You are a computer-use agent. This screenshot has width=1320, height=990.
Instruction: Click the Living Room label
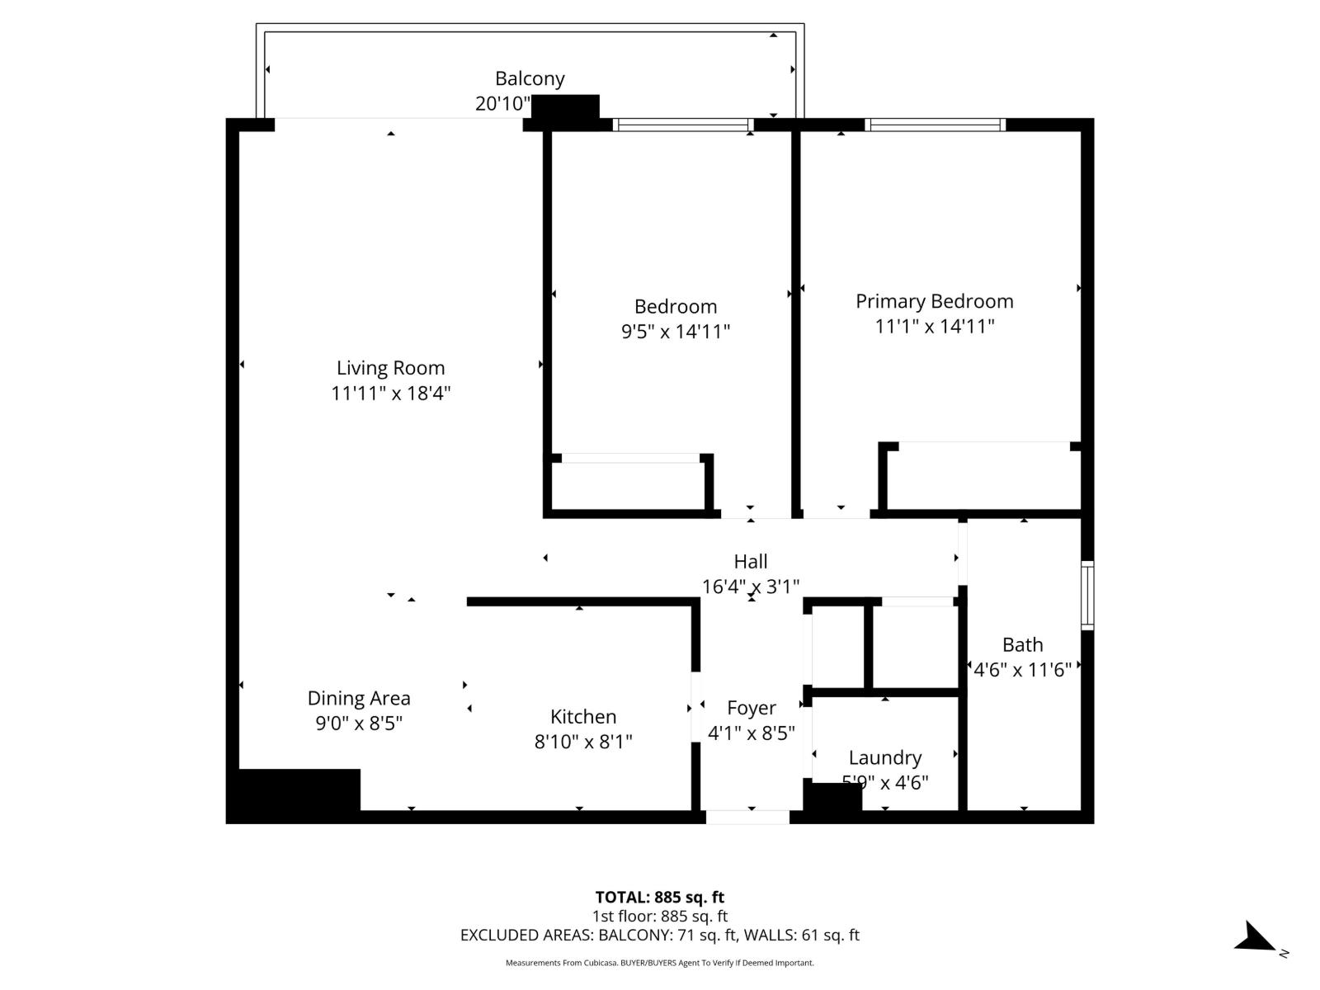(x=390, y=368)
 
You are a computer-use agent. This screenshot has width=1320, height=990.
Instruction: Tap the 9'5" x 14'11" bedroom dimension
(x=675, y=332)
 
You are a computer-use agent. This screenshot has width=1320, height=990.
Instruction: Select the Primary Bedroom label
(x=934, y=301)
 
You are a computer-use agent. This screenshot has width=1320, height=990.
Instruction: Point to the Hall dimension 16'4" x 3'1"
(x=750, y=587)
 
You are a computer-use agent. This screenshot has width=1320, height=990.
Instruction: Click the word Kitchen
(x=583, y=716)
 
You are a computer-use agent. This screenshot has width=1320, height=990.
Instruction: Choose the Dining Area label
(x=359, y=698)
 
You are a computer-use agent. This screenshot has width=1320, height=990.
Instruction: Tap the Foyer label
(x=751, y=708)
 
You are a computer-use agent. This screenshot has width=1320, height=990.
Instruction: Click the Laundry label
(x=884, y=757)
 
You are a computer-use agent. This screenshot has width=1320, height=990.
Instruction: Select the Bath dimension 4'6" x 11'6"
(x=1022, y=669)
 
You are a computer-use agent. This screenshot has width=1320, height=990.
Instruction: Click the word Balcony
(x=530, y=78)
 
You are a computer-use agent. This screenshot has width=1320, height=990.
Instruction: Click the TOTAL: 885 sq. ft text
(x=660, y=897)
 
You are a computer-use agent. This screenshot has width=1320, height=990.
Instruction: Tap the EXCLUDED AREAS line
(x=660, y=935)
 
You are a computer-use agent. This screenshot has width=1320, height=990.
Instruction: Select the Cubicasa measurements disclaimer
(x=660, y=963)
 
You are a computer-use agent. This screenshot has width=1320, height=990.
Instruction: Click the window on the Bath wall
(x=1087, y=595)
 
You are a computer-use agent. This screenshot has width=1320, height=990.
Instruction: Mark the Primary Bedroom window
(x=935, y=125)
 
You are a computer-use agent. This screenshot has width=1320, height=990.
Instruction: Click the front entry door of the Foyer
(x=747, y=817)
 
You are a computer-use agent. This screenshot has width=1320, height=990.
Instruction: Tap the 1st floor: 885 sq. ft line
(x=660, y=916)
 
